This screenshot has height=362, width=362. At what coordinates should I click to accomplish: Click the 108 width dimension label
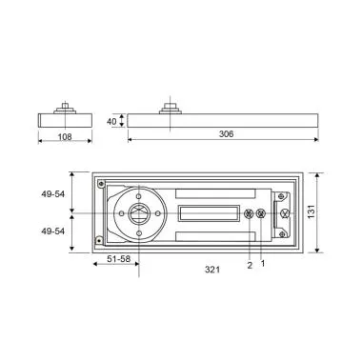(x=63, y=136)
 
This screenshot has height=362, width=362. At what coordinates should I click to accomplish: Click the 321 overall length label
(x=213, y=271)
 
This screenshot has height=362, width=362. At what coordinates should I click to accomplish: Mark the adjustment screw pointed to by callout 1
(x=261, y=213)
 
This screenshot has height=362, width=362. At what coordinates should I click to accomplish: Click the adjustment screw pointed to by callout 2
(x=249, y=213)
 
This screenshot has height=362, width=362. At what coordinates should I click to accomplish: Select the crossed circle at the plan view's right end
(x=283, y=213)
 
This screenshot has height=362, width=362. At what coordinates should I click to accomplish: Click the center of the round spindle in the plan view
(x=138, y=212)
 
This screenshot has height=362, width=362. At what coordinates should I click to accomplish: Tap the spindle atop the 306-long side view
(x=171, y=109)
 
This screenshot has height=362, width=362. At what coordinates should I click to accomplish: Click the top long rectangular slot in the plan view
(x=211, y=191)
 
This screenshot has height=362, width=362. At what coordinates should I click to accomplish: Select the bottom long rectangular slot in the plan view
(x=211, y=235)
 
